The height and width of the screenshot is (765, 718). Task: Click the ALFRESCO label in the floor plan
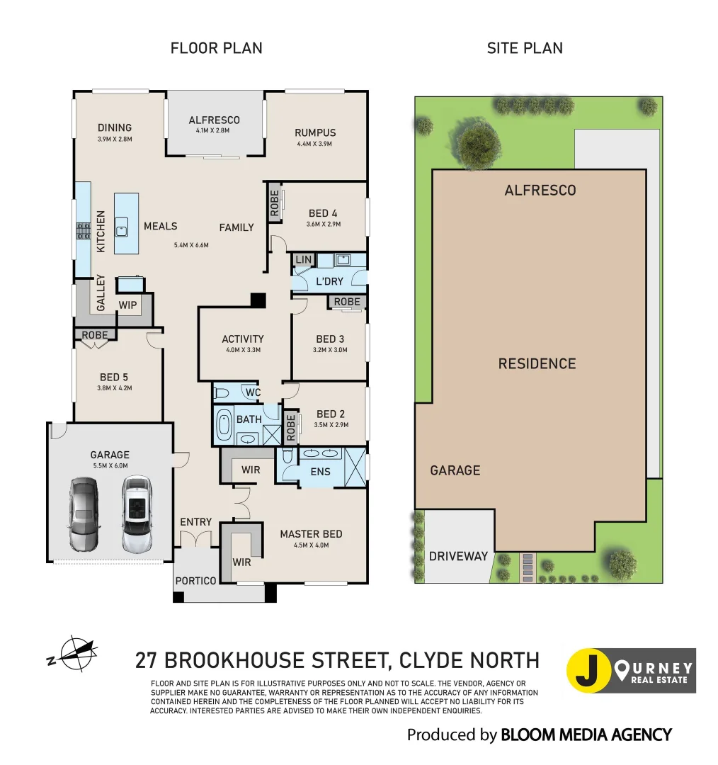[x=214, y=120]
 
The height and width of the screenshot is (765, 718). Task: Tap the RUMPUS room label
[x=315, y=132]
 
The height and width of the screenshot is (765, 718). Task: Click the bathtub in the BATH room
[x=224, y=425]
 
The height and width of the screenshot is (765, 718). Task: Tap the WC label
[x=253, y=392]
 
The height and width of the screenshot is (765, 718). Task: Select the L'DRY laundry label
[x=329, y=281]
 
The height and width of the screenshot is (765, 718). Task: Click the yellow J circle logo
[x=589, y=670]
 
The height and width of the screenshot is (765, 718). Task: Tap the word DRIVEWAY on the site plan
[x=458, y=556]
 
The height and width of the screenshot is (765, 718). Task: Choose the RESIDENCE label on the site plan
[x=537, y=364]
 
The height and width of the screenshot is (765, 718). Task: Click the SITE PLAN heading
[x=525, y=48]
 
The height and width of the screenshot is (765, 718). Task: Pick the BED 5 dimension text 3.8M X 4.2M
[x=115, y=387]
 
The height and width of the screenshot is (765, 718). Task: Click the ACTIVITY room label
[x=242, y=339]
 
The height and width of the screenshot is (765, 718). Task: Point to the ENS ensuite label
[x=320, y=471]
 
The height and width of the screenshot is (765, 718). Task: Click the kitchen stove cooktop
[x=82, y=232]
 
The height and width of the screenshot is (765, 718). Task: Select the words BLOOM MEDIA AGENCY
[x=586, y=735]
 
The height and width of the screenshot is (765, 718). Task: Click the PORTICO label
[x=196, y=581]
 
